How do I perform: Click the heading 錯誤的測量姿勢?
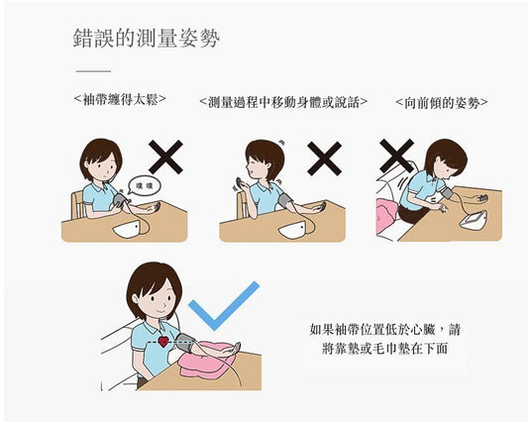click(x=147, y=38)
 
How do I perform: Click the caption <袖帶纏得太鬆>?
click(x=120, y=99)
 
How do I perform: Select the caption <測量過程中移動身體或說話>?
click(x=283, y=102)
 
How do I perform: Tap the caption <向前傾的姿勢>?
click(x=442, y=103)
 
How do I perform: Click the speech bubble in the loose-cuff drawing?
click(x=145, y=186)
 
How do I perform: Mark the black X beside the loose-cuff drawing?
click(x=165, y=157)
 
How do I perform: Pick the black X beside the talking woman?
click(x=325, y=158)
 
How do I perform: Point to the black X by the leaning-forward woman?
click(x=396, y=156)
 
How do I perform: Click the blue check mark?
click(x=224, y=306)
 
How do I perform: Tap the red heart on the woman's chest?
click(x=163, y=341)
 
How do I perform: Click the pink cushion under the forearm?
click(x=205, y=362)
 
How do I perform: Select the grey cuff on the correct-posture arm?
click(x=185, y=343)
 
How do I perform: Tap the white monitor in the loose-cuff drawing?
click(x=127, y=230)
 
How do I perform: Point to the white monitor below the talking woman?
click(x=293, y=231)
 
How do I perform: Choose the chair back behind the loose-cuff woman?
click(x=78, y=205)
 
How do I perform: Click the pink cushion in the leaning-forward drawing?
click(x=387, y=215)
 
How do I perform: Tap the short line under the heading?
click(x=93, y=71)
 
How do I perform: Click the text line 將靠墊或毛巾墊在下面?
click(x=384, y=349)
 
